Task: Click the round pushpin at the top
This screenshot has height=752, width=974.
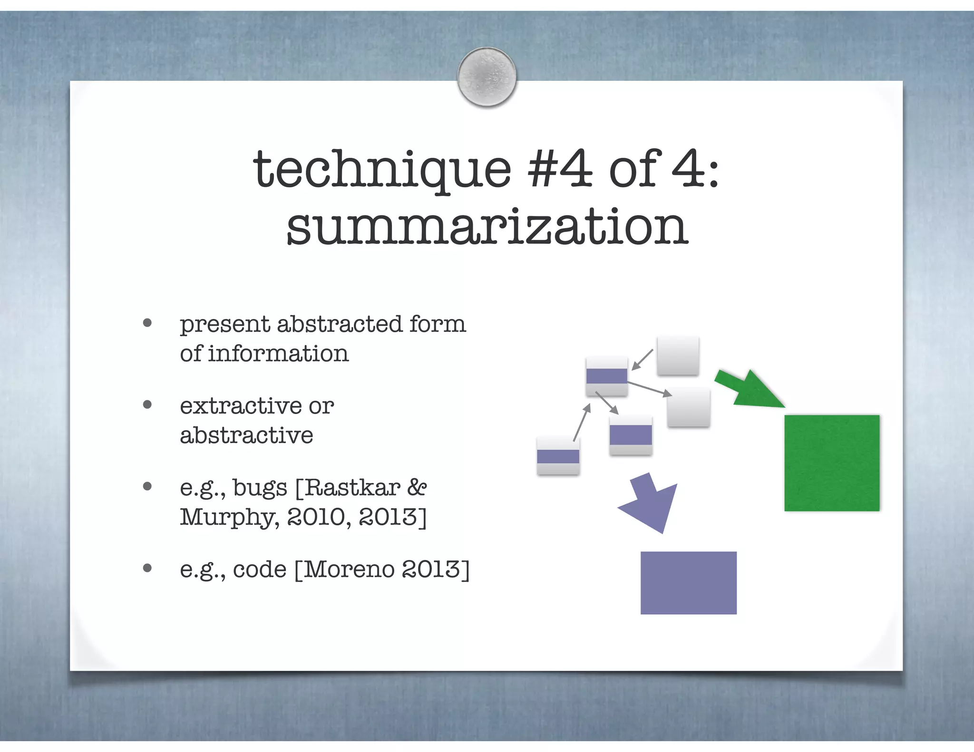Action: click(487, 77)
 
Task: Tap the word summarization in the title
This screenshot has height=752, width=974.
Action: click(487, 227)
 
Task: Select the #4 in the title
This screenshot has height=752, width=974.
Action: click(560, 169)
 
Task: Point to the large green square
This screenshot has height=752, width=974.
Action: click(832, 463)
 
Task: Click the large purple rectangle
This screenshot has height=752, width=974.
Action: click(688, 583)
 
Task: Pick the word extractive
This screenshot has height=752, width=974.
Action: click(241, 406)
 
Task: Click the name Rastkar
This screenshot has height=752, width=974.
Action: click(351, 488)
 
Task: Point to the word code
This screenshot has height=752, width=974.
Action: click(260, 569)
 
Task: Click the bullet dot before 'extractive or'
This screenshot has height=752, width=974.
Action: click(147, 405)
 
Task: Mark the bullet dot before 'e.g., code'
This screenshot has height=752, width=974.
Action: click(147, 568)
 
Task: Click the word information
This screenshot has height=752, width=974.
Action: click(278, 354)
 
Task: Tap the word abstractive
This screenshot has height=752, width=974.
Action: click(246, 435)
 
